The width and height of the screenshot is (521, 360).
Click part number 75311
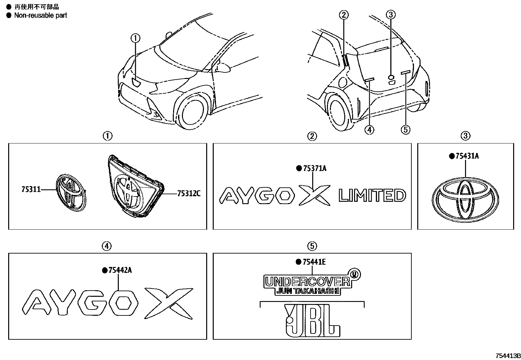[x=31, y=189]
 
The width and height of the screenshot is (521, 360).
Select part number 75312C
[x=189, y=194]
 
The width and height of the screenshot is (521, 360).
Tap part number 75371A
[x=314, y=168]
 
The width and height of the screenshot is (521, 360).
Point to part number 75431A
[x=467, y=156]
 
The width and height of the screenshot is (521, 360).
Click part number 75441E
[x=314, y=262]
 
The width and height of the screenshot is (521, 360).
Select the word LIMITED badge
[x=372, y=196]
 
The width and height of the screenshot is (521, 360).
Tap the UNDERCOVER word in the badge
[x=307, y=282]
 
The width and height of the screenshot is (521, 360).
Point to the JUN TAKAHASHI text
[x=307, y=291]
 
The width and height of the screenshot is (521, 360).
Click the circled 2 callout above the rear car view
[x=344, y=15]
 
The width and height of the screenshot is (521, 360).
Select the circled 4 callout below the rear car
[x=369, y=130]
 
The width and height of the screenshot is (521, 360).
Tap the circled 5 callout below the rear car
[x=405, y=130]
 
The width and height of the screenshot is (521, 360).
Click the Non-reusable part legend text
[x=41, y=15]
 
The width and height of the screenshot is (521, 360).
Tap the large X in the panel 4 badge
[x=168, y=303]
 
